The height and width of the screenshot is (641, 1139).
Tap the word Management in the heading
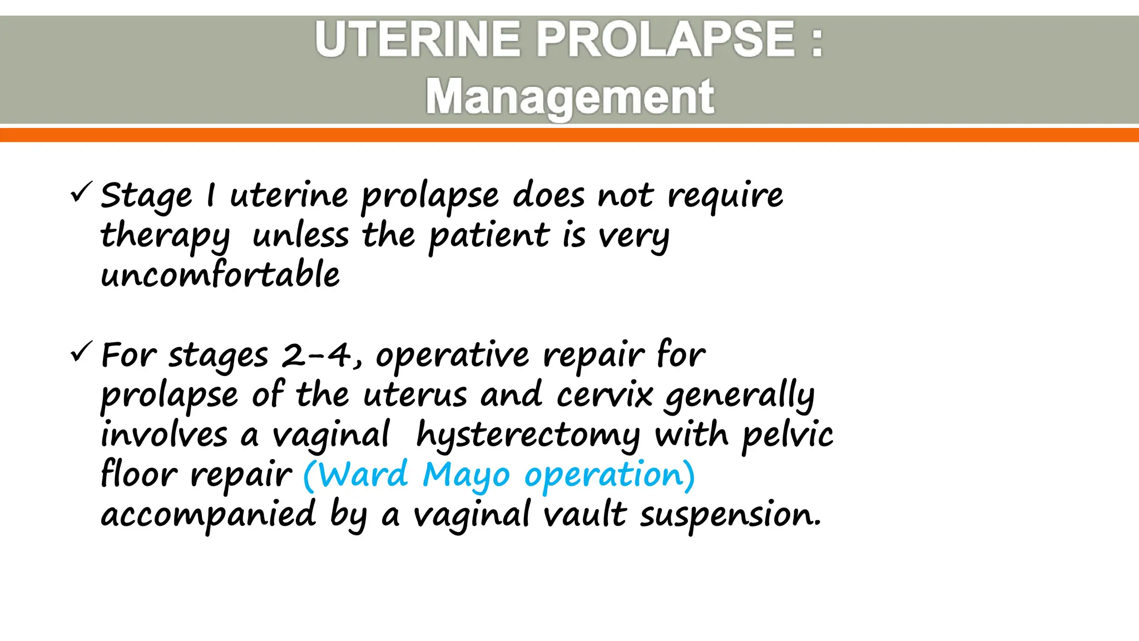[x=569, y=97]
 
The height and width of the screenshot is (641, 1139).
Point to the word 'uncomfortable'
[x=220, y=275]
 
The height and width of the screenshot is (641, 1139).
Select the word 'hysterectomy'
[x=528, y=435]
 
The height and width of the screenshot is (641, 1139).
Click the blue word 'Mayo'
[x=466, y=476]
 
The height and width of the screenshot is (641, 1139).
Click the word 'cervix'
[x=605, y=395]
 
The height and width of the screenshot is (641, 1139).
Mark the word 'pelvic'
[x=788, y=435]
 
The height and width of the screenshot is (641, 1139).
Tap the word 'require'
[x=725, y=196]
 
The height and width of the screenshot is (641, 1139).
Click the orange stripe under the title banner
[x=569, y=135]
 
